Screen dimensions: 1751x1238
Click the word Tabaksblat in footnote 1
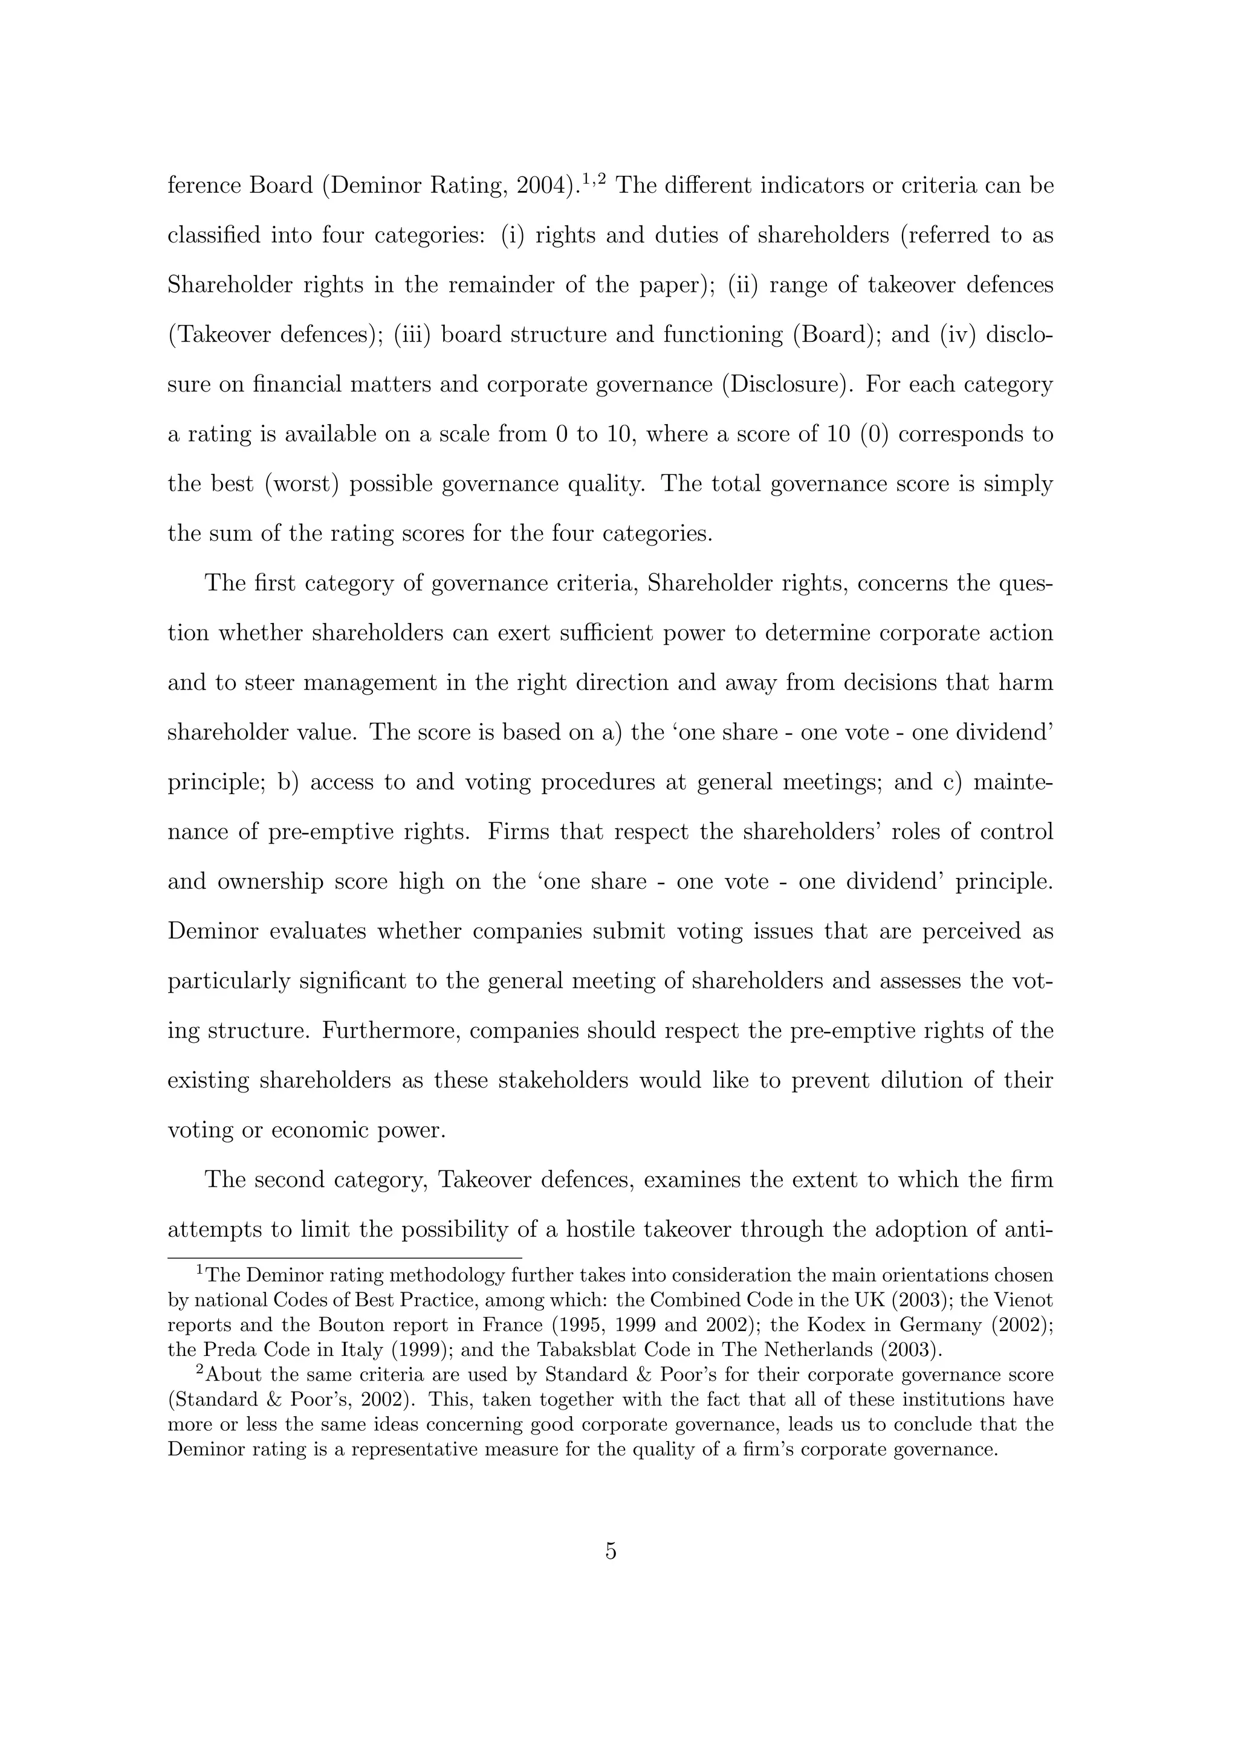[588, 1350]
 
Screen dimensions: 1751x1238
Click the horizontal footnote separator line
[344, 1257]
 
